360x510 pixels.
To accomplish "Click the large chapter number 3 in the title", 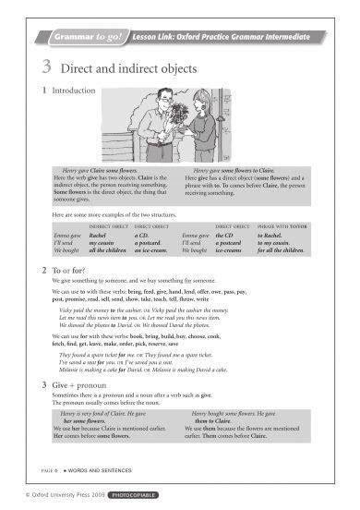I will tap(46, 67).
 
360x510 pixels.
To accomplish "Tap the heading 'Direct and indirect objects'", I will tap(129, 67).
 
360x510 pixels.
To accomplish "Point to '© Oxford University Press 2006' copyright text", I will tap(54, 497).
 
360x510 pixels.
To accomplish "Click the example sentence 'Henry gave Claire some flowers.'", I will tap(102, 172).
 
